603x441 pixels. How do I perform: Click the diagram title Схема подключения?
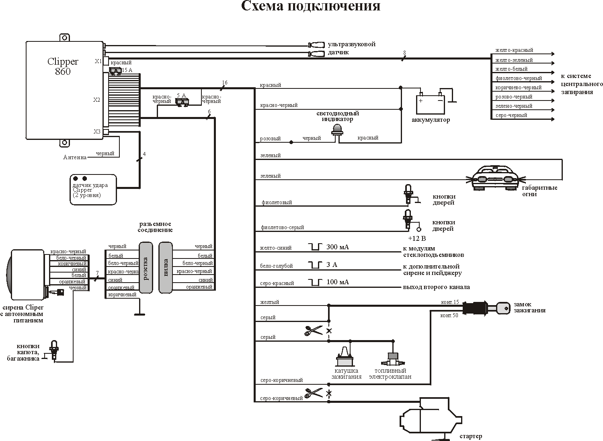click(x=310, y=7)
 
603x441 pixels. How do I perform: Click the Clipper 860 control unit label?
click(x=63, y=66)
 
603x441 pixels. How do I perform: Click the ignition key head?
click(x=503, y=308)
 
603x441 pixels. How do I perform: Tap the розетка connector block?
click(x=146, y=268)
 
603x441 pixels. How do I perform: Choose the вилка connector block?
click(x=166, y=268)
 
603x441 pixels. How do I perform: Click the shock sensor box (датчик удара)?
click(x=93, y=190)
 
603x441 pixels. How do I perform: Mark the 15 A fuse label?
click(x=127, y=70)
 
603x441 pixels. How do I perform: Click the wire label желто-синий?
click(x=276, y=248)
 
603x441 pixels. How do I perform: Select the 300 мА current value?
click(x=337, y=247)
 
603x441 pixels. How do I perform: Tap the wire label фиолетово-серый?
click(x=282, y=228)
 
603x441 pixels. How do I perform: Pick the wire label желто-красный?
click(x=514, y=50)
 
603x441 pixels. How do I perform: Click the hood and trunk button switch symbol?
click(x=54, y=350)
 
